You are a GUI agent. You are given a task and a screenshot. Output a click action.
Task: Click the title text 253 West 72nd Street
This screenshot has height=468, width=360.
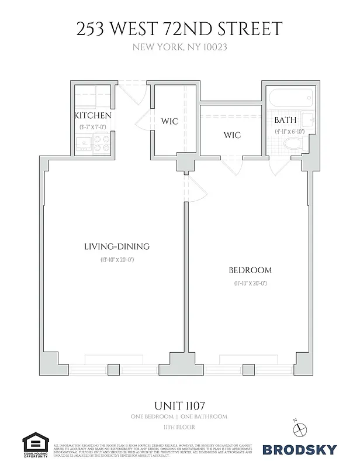[x=179, y=29]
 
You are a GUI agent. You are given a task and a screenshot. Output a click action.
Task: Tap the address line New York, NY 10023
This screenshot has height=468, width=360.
[x=179, y=47]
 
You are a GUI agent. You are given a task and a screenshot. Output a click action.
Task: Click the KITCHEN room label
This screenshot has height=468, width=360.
[x=92, y=116]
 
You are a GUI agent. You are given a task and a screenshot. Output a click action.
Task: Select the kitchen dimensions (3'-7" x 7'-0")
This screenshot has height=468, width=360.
[x=92, y=126]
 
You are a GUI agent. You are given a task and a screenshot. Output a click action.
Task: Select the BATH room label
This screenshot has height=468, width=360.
[x=285, y=120]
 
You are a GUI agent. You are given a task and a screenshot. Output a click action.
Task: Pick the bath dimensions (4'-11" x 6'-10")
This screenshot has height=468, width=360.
[x=288, y=132]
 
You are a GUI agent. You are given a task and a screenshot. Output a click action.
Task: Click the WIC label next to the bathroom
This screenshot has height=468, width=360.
[x=232, y=135]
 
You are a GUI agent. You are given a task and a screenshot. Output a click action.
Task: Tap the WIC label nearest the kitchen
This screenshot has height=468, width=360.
[x=169, y=122]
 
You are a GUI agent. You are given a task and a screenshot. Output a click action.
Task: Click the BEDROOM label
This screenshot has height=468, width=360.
[x=250, y=270]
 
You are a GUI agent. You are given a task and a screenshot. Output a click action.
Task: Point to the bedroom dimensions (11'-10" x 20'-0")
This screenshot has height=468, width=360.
[x=250, y=283]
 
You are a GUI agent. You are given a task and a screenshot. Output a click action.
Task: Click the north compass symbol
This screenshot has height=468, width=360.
[x=302, y=428]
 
